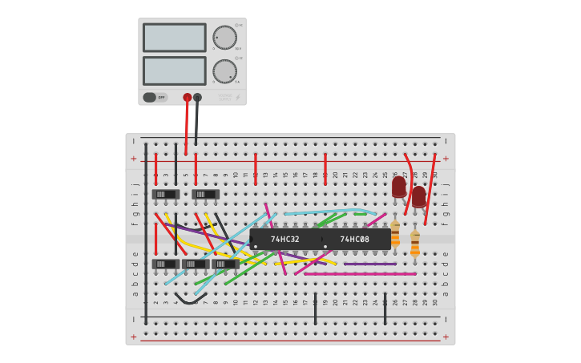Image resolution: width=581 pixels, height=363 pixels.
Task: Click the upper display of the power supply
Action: click(x=174, y=37)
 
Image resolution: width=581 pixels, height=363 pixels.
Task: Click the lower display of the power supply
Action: click(x=174, y=71)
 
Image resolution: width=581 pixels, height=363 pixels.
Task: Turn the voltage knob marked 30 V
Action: click(x=224, y=38)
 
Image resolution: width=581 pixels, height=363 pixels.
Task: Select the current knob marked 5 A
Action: click(x=224, y=71)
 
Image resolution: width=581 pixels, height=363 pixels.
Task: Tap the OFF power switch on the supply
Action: click(x=155, y=97)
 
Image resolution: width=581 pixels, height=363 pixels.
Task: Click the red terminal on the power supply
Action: click(x=188, y=98)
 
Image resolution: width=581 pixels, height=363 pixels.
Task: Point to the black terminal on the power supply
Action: click(x=197, y=98)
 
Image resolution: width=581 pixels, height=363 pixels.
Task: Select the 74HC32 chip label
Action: click(x=284, y=239)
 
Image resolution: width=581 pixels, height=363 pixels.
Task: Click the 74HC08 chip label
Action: click(x=354, y=239)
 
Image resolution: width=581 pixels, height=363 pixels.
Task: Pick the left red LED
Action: click(x=398, y=187)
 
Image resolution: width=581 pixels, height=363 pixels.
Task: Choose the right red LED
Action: click(x=418, y=196)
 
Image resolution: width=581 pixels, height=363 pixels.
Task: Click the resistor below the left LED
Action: click(x=395, y=234)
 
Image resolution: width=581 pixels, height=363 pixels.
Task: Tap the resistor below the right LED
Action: click(x=414, y=244)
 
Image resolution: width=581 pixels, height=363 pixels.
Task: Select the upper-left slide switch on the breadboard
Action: click(x=165, y=194)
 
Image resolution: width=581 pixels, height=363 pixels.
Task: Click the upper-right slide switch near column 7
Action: click(x=205, y=194)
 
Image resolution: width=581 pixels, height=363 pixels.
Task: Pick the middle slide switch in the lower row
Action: click(x=196, y=264)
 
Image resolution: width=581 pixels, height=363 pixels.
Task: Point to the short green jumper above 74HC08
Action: click(x=360, y=214)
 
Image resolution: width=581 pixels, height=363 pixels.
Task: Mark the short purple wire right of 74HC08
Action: click(x=369, y=264)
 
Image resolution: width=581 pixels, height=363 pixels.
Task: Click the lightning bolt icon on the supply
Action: click(x=237, y=97)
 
